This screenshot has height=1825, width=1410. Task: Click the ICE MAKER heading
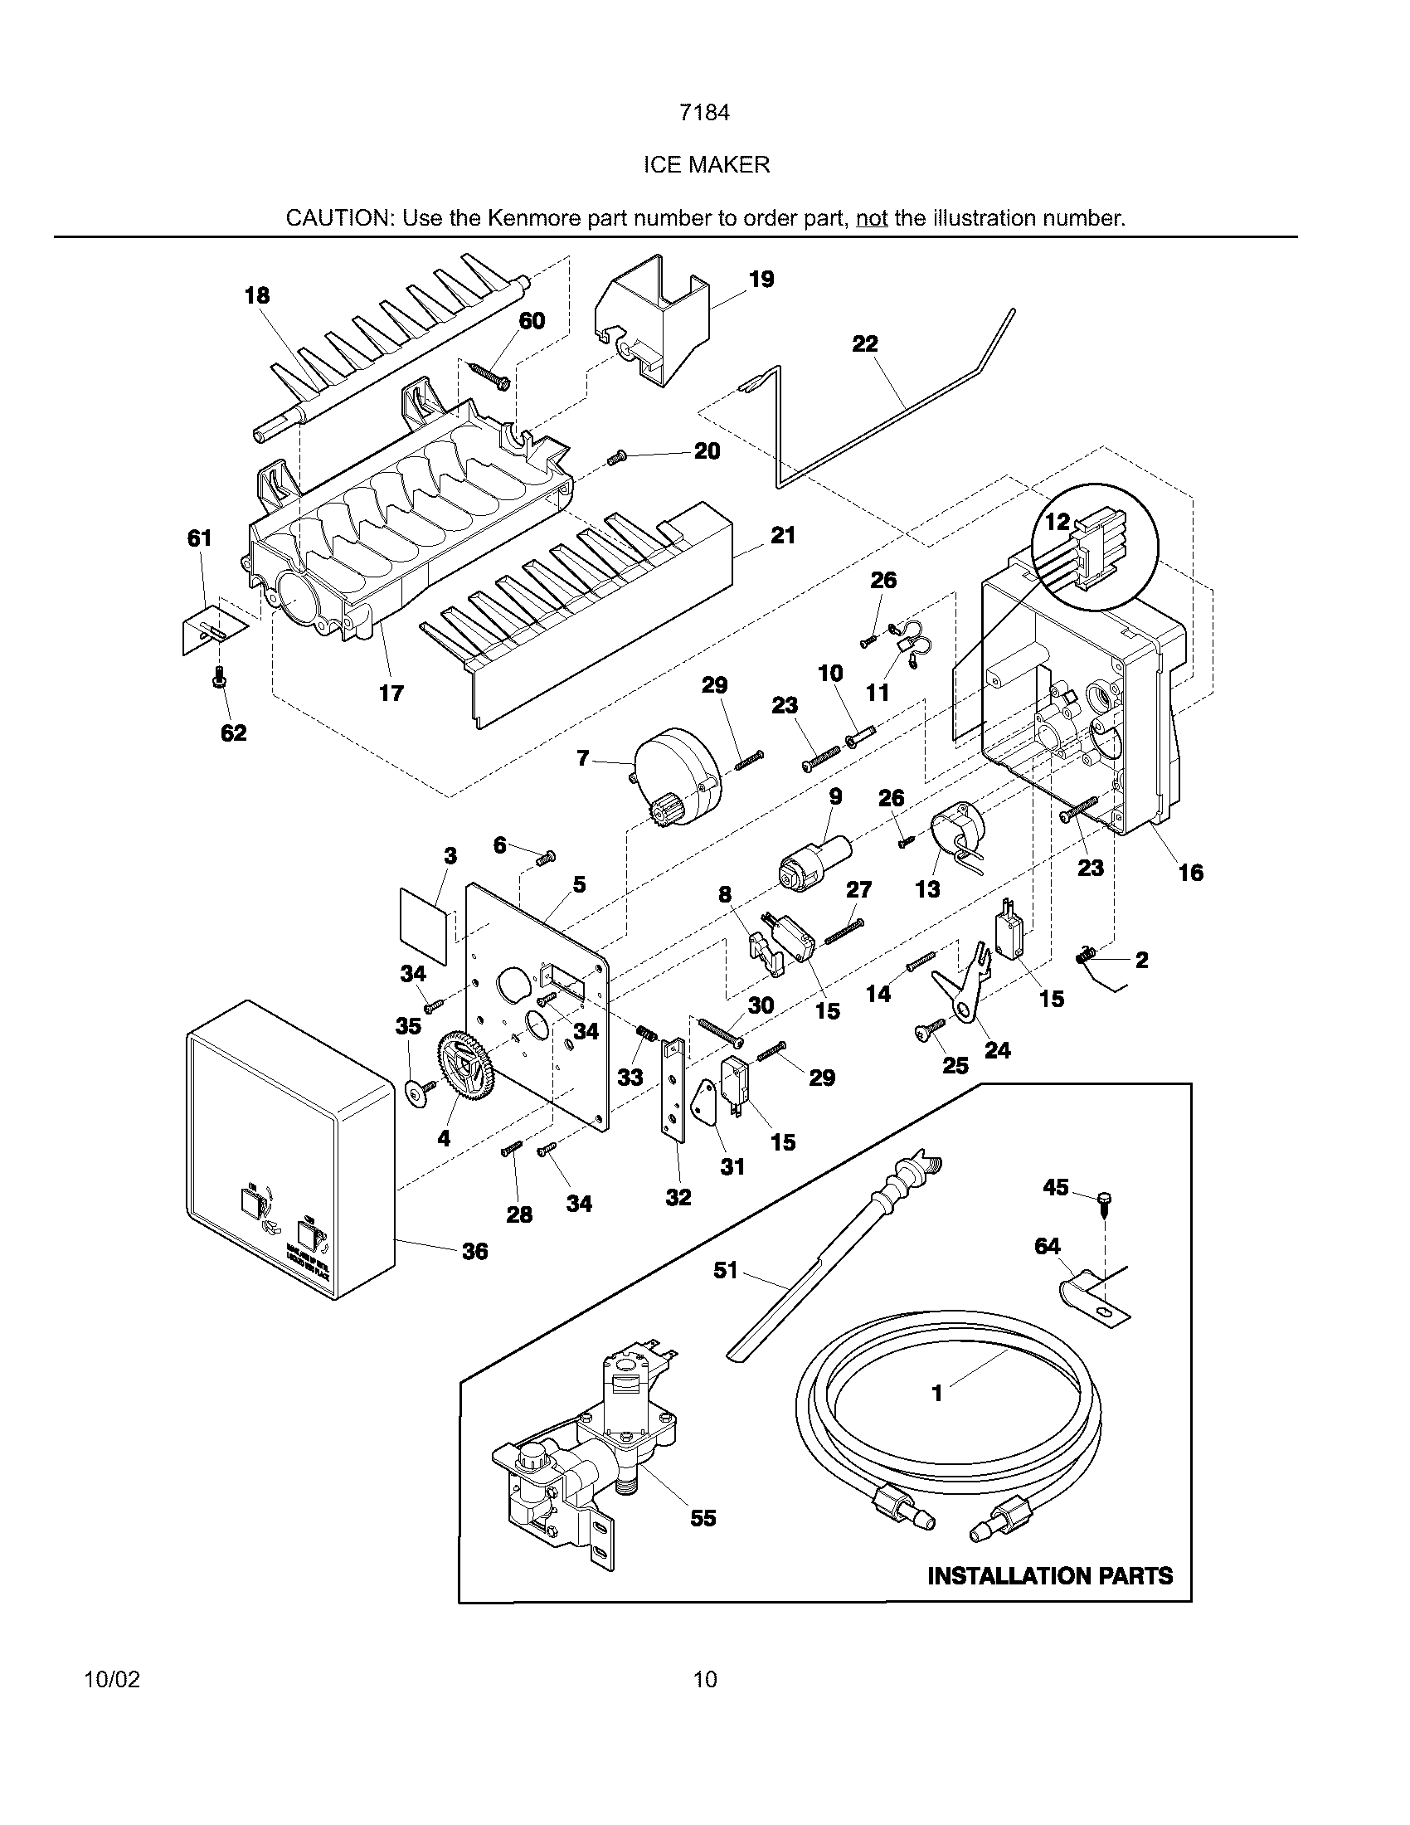click(706, 164)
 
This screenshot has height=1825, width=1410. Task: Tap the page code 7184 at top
click(704, 112)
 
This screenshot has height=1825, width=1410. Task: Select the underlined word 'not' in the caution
click(871, 218)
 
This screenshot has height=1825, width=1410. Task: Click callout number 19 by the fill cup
click(761, 279)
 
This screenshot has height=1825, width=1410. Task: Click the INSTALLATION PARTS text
click(1050, 1576)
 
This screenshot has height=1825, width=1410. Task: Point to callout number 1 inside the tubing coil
click(937, 1393)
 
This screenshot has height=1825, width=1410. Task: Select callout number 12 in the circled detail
click(1057, 522)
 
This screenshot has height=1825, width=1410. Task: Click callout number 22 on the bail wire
click(865, 343)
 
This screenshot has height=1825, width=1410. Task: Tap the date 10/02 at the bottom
click(112, 1680)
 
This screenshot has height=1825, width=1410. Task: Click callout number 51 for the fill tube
click(725, 1271)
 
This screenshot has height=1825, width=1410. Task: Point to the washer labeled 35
click(418, 1093)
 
